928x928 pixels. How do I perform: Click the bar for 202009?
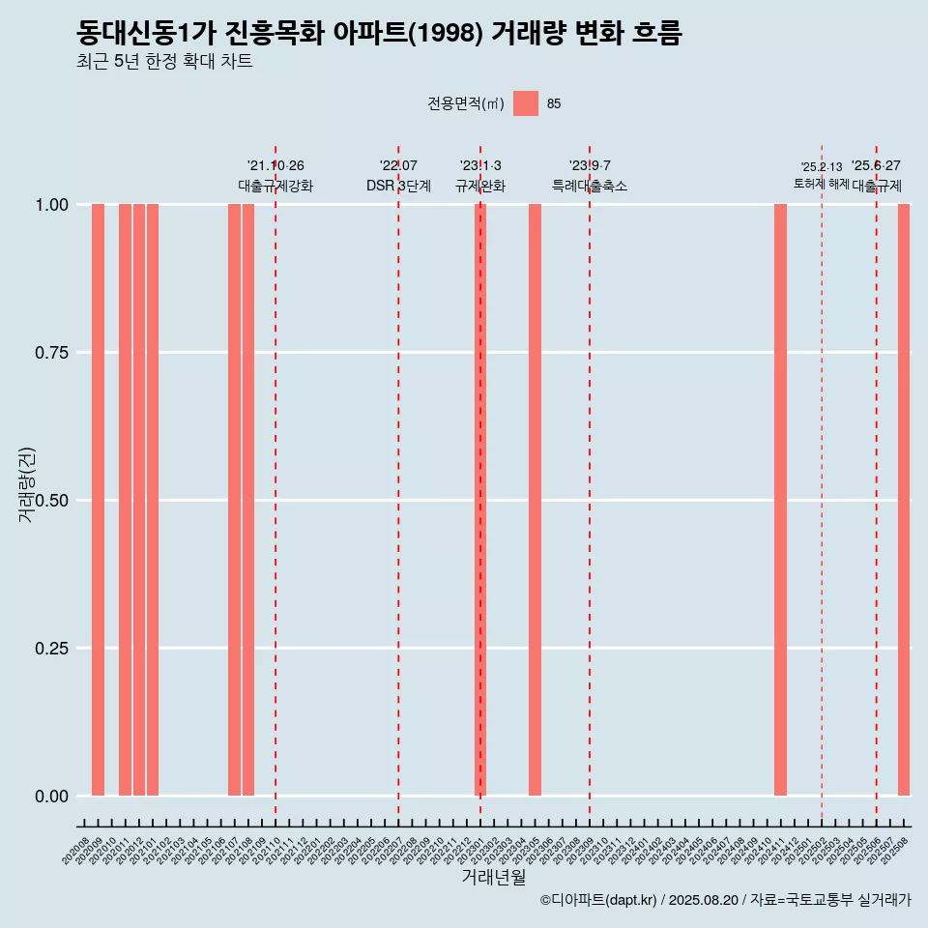point(98,500)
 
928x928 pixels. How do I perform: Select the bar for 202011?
point(125,500)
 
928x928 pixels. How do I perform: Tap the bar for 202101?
point(153,500)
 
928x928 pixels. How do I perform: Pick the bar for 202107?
point(234,500)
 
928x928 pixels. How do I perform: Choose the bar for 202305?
point(535,500)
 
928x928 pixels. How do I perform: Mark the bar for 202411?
point(780,500)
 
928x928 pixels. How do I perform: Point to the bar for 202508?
point(904,500)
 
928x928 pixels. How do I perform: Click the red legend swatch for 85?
point(526,103)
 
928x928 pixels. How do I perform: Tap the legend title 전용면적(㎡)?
point(466,104)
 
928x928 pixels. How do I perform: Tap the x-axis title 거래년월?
point(493,878)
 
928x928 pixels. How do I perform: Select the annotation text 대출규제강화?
point(275,186)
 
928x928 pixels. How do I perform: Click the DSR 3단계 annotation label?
point(398,186)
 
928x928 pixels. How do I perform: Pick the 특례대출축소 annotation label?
point(590,186)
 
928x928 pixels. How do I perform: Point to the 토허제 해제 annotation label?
point(821,184)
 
